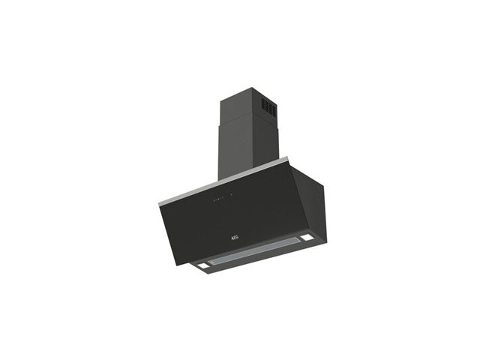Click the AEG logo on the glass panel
[x=234, y=237]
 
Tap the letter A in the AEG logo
[x=232, y=238]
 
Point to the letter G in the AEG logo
[x=237, y=237]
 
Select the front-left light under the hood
[x=202, y=265]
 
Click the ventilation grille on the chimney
[x=268, y=107]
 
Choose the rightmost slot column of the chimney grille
[x=274, y=110]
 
